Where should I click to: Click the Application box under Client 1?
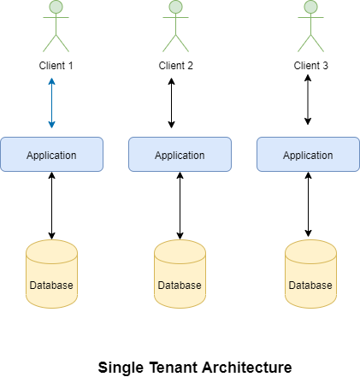pos(51,155)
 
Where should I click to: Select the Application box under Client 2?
pos(179,156)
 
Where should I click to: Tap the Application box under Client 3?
pos(308,156)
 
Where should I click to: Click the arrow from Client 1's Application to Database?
pos(51,205)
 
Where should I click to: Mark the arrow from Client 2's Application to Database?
pos(179,205)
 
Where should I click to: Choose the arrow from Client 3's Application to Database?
pos(308,205)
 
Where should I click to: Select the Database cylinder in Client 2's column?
pos(179,274)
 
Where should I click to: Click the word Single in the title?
pos(122,367)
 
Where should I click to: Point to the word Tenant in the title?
pos(175,367)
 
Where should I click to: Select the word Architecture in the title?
pos(247,367)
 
